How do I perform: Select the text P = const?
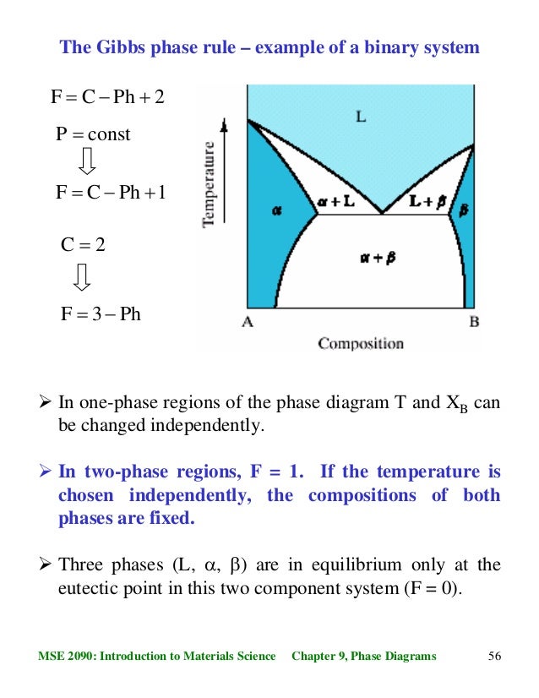click(x=93, y=134)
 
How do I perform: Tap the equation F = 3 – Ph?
click(x=101, y=314)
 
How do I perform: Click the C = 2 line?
click(x=84, y=245)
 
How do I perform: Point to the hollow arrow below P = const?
click(x=88, y=161)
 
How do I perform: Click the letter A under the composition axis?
click(x=248, y=321)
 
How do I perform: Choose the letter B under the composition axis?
click(x=474, y=321)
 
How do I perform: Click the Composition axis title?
click(x=361, y=344)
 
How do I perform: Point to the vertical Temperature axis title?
click(x=209, y=183)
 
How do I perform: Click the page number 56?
click(x=495, y=656)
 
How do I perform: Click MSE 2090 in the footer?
click(x=67, y=656)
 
